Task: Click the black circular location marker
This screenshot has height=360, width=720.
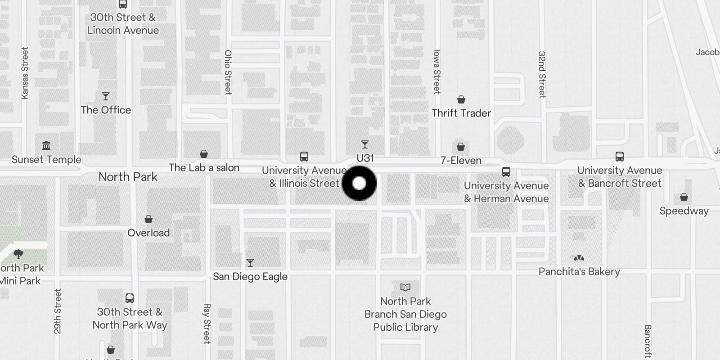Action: pos(359,183)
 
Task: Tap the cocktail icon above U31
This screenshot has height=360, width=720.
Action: pos(365,144)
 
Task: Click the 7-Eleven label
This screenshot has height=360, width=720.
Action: pos(461,161)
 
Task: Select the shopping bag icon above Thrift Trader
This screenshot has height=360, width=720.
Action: pos(461,99)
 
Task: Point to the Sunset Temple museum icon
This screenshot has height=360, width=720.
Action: pos(46,146)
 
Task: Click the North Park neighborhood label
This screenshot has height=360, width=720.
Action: pos(128,177)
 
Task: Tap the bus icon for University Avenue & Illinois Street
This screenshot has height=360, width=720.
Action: pos(304,157)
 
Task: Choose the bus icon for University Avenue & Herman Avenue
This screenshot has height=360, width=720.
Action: pos(506,172)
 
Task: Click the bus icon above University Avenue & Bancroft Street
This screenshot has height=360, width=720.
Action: pos(620,157)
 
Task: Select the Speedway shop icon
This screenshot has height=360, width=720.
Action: pos(684,197)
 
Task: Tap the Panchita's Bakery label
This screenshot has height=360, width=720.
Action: pos(579,272)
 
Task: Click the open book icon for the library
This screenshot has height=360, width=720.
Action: pos(405,287)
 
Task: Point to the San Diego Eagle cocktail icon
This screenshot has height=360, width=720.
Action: pos(250,262)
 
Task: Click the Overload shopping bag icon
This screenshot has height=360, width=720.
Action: pos(148,219)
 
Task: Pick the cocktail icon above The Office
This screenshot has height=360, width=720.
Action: pos(106,96)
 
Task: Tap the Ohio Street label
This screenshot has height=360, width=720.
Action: pos(228,72)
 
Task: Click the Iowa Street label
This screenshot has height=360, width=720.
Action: pos(436,72)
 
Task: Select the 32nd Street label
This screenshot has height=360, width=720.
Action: pos(542,74)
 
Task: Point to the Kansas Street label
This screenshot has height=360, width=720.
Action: pos(25,73)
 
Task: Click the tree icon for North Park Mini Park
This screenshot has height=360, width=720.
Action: pos(18,254)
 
